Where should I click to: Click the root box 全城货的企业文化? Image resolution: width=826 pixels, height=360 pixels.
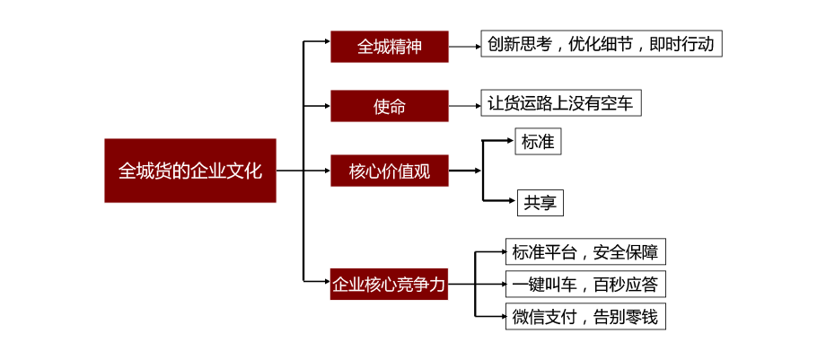pos(190,171)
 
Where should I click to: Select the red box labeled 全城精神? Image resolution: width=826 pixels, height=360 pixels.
pos(390,47)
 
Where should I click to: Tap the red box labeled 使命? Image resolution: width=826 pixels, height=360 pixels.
pos(390,106)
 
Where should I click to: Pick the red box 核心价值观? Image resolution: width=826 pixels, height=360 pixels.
pos(390,171)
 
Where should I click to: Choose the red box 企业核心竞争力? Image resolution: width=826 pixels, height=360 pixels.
pos(389,284)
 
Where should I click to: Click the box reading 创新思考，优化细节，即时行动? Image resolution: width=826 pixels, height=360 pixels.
pos(601,44)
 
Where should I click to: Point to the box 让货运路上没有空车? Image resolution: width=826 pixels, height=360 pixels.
pos(561,102)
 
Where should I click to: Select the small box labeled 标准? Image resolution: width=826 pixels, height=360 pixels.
pos(538,141)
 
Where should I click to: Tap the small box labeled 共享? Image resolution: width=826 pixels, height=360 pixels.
pos(540,202)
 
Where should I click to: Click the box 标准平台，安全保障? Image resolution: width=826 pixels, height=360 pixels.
pos(585,252)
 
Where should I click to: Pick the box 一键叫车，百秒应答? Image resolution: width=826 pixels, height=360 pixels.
pos(585,285)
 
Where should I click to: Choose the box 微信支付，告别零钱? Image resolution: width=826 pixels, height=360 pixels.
pos(585,317)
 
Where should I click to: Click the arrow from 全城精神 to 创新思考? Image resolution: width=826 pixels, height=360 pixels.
pos(465,47)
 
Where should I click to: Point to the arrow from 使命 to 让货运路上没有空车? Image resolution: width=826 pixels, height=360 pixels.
pos(465,106)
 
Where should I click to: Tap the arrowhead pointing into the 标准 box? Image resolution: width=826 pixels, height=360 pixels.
pos(510,140)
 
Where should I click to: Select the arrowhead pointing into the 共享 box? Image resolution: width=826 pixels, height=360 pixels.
pos(512,201)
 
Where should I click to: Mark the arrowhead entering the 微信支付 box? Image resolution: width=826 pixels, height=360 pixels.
pos(502,317)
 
